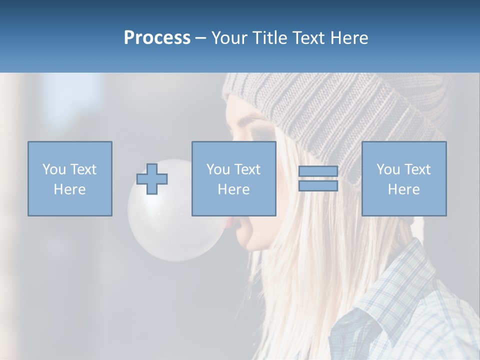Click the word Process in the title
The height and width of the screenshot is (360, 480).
point(157,37)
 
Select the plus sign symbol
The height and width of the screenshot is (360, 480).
point(152,178)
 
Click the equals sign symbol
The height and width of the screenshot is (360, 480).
point(318,178)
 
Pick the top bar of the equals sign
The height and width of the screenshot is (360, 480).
point(318,171)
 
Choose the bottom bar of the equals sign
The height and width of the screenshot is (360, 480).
point(318,185)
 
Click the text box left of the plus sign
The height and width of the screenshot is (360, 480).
point(70,178)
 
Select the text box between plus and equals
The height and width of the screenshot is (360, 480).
point(233,178)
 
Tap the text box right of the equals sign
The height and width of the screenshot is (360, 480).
point(404,178)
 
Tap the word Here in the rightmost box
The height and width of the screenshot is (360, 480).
point(404,189)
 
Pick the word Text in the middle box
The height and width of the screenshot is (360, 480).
point(247,169)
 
